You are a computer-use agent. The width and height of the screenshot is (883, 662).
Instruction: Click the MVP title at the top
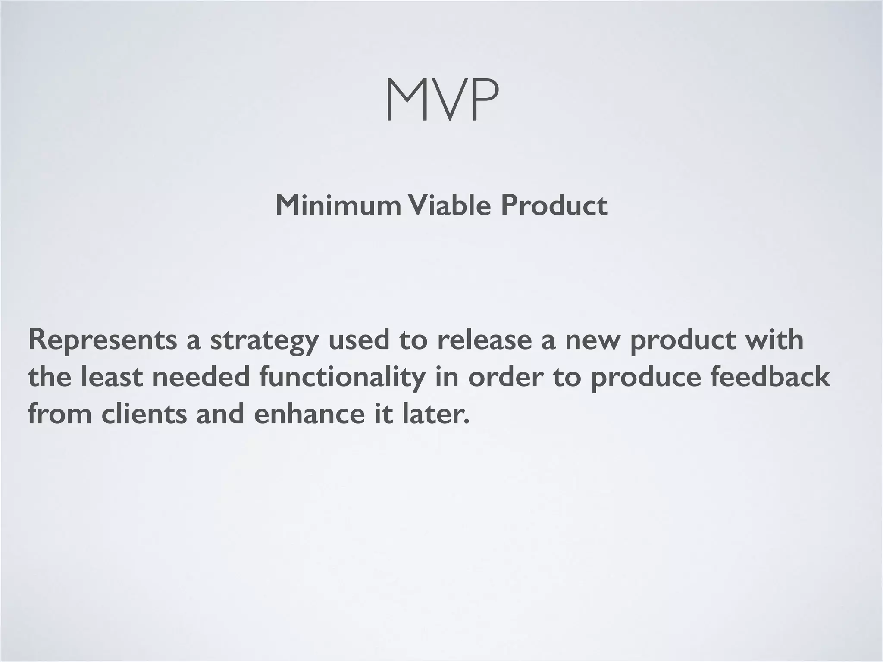441,100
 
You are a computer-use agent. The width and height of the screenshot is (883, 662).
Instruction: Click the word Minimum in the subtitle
338,205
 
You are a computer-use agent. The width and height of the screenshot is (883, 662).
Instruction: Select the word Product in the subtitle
554,205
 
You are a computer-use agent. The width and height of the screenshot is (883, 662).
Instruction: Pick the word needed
201,377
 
